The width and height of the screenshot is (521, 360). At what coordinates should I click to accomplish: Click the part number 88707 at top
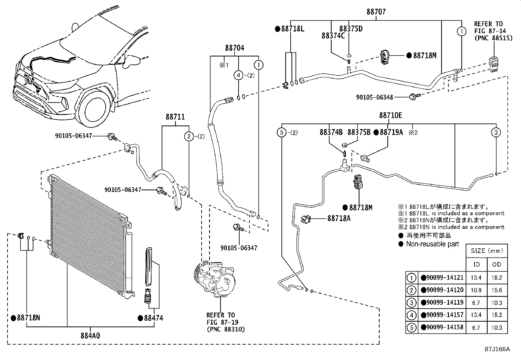[376, 12]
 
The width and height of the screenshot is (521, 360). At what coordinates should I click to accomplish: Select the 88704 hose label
[234, 48]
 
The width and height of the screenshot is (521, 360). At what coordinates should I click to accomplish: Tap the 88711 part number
[175, 117]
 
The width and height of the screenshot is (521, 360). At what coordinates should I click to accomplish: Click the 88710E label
[391, 115]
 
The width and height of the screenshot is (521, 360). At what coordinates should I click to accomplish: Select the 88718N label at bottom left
[28, 318]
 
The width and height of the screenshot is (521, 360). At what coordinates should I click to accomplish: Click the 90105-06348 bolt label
[374, 97]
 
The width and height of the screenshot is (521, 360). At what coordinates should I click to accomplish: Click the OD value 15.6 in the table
[496, 290]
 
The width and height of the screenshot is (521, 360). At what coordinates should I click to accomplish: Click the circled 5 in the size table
[411, 328]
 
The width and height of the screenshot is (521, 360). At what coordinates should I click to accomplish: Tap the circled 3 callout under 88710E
[496, 132]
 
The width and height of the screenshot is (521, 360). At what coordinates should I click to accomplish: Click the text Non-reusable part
[432, 244]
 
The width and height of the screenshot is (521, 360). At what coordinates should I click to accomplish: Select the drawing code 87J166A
[497, 349]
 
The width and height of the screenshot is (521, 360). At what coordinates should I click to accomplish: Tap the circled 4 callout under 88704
[239, 75]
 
